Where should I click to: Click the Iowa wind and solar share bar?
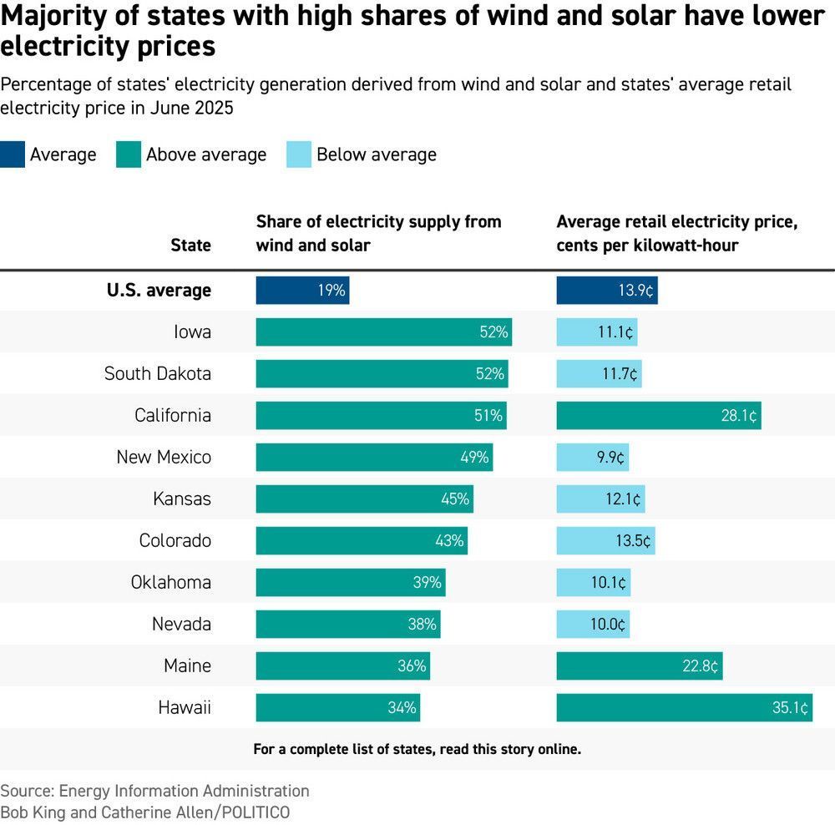tap(383, 332)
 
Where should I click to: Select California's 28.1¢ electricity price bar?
tap(658, 416)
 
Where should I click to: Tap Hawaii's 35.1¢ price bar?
tap(684, 708)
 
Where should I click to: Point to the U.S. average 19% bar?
tap(302, 291)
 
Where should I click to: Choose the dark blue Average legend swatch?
tap(13, 154)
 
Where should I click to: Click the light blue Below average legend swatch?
tap(298, 154)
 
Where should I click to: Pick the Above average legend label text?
tap(206, 154)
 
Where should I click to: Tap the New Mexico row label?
tap(164, 458)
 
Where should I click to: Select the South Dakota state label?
tap(157, 374)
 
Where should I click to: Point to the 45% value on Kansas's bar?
tap(455, 499)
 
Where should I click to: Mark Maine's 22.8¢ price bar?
tap(639, 666)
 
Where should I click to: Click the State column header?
tap(190, 245)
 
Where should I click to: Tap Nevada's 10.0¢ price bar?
tap(593, 625)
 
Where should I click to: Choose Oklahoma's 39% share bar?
tap(350, 583)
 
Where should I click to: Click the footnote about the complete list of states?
tap(417, 749)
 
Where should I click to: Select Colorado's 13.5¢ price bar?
tap(605, 541)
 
